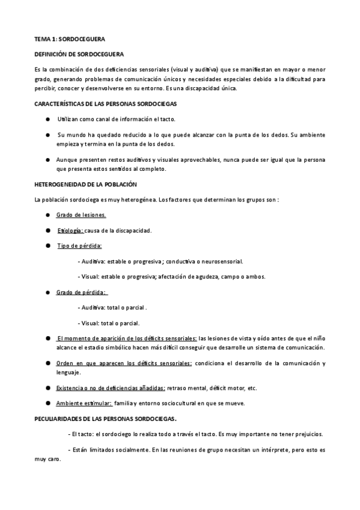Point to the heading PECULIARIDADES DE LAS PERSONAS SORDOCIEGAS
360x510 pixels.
[x=109, y=418]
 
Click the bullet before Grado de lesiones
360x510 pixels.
[x=47, y=215]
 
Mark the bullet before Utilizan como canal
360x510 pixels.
[x=47, y=120]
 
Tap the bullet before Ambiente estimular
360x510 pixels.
[x=47, y=402]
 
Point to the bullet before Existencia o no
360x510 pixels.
[x=47, y=388]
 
